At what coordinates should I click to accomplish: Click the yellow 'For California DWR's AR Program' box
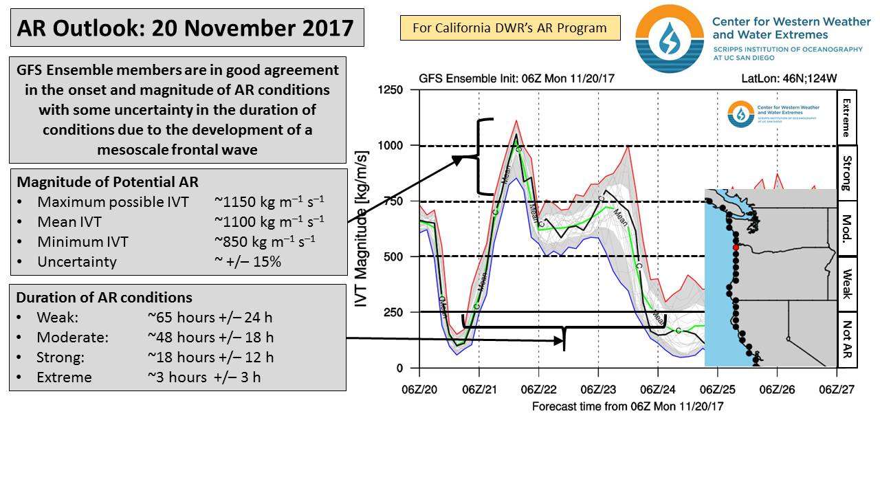point(510,28)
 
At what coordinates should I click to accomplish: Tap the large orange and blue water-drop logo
point(670,38)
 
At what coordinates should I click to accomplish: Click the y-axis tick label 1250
point(390,90)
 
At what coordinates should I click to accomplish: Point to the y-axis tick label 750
point(394,201)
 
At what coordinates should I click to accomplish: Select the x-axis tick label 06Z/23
point(598,389)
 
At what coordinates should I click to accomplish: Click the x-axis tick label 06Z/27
point(837,389)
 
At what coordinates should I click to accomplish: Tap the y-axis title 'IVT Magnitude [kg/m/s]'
point(361,229)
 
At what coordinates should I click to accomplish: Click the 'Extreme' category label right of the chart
point(846,118)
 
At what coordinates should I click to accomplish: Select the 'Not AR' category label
point(846,340)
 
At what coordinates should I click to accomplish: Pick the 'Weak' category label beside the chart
point(846,284)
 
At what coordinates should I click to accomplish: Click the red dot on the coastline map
point(736,247)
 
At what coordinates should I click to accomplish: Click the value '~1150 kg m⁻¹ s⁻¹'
point(269,201)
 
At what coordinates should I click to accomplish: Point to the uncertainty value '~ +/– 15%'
point(248,262)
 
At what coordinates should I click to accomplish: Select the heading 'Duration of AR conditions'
point(104,298)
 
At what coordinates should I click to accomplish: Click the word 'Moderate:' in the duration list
point(72,338)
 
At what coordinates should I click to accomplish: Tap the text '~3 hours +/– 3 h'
point(204,377)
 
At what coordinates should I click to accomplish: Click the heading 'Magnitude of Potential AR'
point(108,182)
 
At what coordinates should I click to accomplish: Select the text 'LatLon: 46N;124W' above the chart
point(789,78)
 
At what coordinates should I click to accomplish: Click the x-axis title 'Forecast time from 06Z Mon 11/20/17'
point(628,406)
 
